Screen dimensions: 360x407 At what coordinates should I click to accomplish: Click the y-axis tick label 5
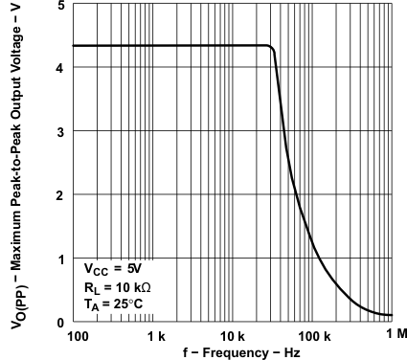(59, 6)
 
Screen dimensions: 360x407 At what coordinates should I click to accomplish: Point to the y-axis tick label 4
(59, 68)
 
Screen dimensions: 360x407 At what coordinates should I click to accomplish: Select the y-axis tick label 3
(59, 131)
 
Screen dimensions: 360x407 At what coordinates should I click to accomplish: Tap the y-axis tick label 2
(59, 195)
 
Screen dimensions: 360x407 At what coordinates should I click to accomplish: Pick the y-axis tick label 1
(59, 259)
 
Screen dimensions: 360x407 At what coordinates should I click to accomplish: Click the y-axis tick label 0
(59, 322)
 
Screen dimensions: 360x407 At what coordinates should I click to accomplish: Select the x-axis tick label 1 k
(156, 337)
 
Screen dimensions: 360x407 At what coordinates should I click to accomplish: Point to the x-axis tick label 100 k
(314, 337)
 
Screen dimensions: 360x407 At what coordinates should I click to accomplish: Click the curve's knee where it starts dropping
(272, 47)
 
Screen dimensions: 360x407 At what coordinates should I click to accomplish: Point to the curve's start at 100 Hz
(73, 45)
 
